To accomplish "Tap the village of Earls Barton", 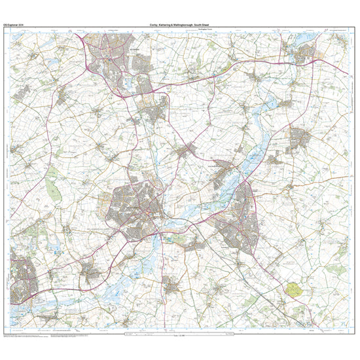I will click(89, 272).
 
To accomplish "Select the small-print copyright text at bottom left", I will click(26, 335).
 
